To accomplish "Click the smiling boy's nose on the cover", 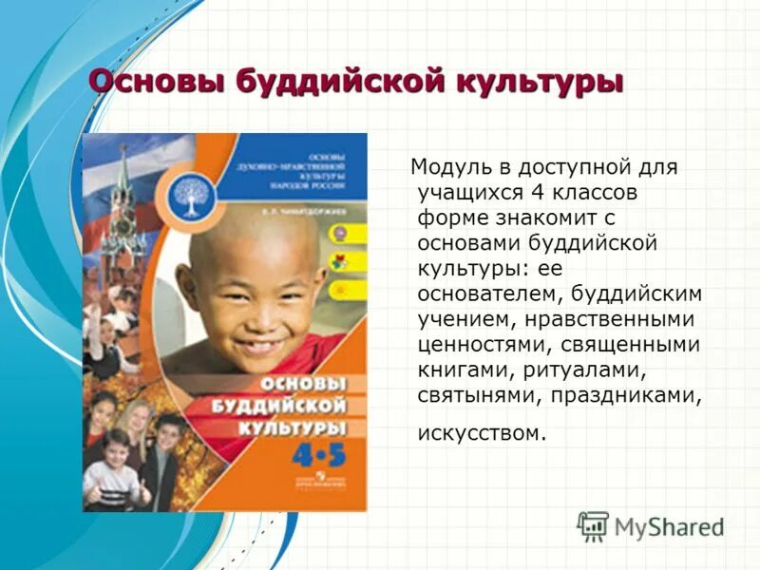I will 253,306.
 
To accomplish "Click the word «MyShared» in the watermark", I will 669,526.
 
